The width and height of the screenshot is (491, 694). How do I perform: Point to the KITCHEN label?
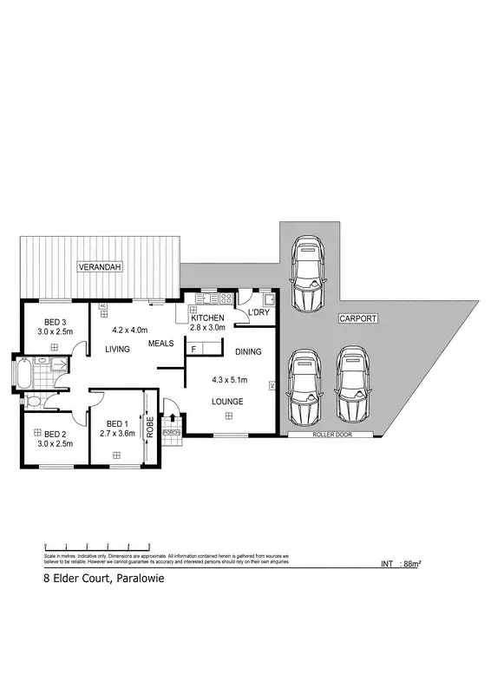[x=207, y=318]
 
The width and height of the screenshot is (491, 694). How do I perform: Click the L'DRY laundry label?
[x=259, y=312]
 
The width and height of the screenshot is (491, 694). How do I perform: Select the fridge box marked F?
[x=193, y=350]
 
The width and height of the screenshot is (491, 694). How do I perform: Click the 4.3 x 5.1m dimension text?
[x=230, y=379]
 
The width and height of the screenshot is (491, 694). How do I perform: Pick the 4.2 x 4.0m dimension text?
[x=131, y=330]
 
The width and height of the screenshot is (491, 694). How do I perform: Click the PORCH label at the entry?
[x=171, y=432]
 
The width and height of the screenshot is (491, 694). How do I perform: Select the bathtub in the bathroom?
[x=21, y=374]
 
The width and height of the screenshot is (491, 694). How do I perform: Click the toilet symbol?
[x=32, y=401]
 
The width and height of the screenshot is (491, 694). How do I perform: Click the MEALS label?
[x=160, y=344]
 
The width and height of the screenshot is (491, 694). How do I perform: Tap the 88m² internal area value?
[x=412, y=565]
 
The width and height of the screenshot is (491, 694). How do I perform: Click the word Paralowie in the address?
[x=138, y=579]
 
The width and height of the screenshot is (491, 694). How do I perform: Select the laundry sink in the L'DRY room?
[x=269, y=299]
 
